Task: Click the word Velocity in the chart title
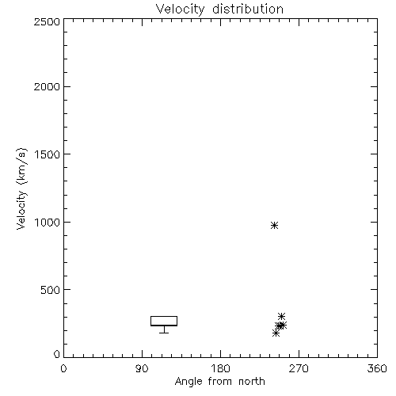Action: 180,10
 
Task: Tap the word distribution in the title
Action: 248,9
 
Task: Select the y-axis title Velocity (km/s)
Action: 21,188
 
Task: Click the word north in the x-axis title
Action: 251,381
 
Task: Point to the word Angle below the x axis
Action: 188,382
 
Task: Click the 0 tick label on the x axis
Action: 63,368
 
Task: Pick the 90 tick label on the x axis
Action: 142,368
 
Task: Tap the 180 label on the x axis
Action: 220,368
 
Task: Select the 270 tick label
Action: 299,368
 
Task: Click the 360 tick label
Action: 377,368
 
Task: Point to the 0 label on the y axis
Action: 57,354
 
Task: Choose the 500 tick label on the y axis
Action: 51,290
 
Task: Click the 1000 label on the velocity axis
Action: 48,223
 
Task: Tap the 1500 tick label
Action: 48,154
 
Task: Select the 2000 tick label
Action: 48,87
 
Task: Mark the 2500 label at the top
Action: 48,21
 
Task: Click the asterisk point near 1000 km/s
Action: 274,225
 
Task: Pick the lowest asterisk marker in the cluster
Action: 276,333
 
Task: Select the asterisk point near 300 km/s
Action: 281,316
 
